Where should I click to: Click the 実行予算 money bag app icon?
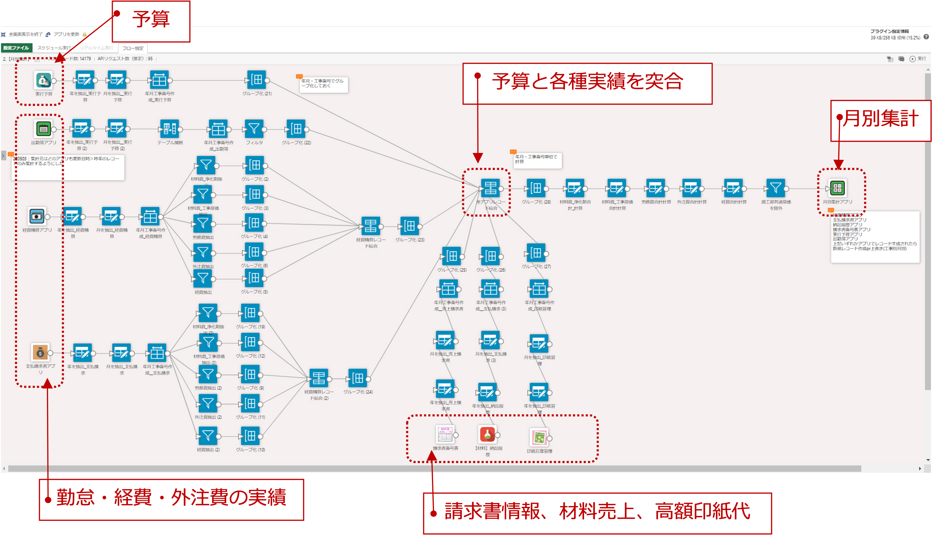coord(43,80)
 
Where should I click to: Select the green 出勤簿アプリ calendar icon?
coord(43,129)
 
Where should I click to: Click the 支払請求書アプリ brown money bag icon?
coord(40,353)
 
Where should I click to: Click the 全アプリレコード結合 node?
coord(490,188)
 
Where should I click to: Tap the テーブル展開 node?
coord(170,129)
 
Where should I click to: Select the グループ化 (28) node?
coord(536,188)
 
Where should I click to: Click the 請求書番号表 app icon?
coord(445,435)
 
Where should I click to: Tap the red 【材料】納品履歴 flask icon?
coord(487,434)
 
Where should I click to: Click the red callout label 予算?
coord(151,20)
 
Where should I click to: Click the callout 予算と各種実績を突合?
coord(587,82)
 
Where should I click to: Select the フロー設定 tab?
coord(133,48)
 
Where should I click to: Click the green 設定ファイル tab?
coord(16,48)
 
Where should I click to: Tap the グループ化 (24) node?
coord(357,378)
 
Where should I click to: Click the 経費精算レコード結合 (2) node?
coord(319,378)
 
